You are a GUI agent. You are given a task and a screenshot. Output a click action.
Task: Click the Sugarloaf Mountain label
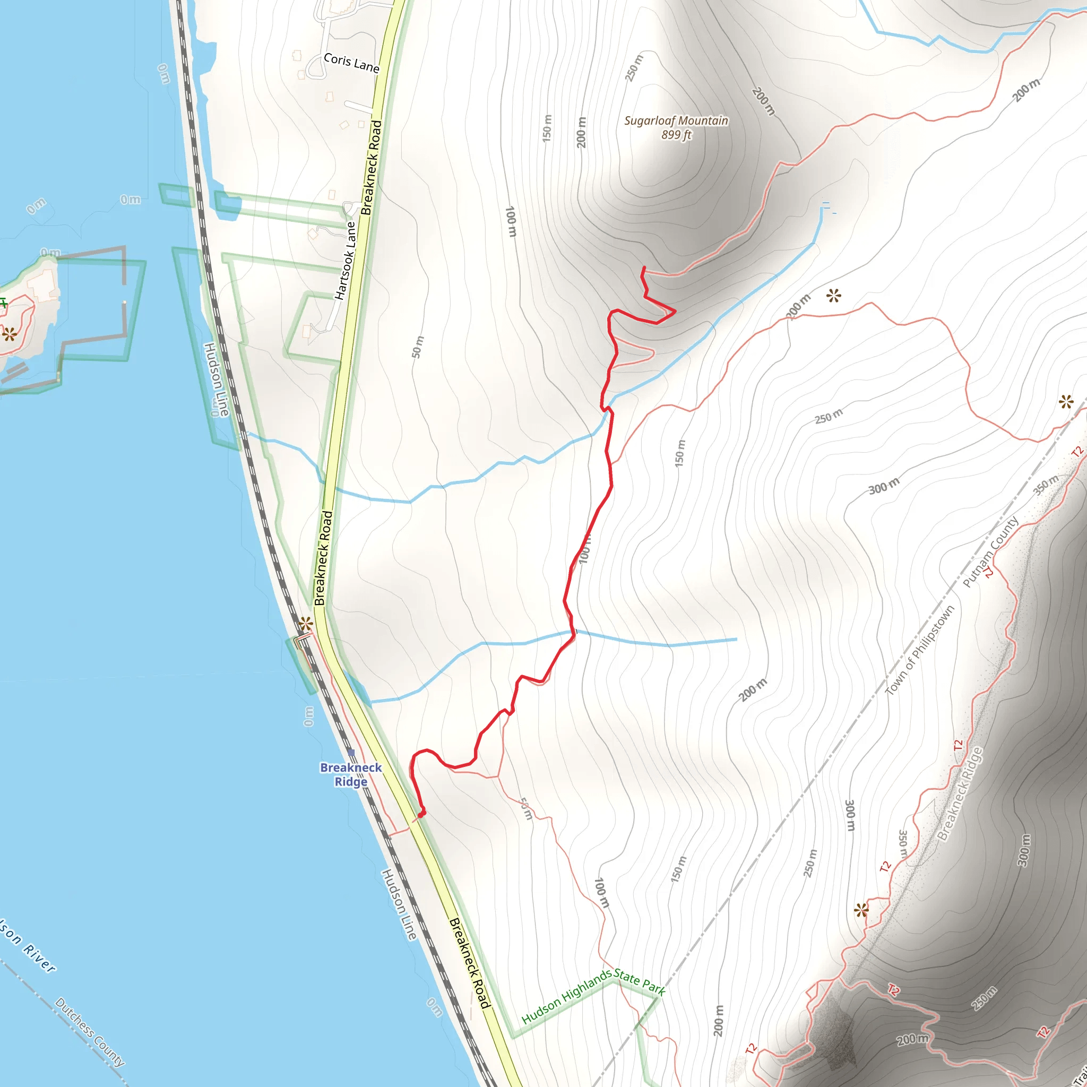click(x=676, y=121)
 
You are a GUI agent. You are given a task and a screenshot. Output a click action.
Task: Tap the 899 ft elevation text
click(x=676, y=135)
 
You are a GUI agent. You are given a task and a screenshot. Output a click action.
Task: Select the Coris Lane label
click(x=351, y=63)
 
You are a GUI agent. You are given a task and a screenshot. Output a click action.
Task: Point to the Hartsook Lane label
click(x=346, y=261)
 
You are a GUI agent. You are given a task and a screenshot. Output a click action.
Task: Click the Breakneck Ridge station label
click(x=350, y=774)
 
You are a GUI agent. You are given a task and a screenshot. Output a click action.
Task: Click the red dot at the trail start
click(x=421, y=813)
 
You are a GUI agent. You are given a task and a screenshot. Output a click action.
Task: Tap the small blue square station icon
click(x=351, y=752)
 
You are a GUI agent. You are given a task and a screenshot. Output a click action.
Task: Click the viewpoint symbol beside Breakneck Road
click(x=306, y=624)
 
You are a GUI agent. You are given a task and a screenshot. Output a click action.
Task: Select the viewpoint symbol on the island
click(x=9, y=335)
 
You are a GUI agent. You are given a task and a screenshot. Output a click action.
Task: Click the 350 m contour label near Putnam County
click(x=1046, y=484)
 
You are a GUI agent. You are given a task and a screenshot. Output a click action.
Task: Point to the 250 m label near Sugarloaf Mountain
click(x=634, y=67)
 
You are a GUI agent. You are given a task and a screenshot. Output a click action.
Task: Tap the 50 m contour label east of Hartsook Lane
click(x=418, y=347)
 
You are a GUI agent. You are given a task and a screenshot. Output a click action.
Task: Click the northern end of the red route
click(x=644, y=268)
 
